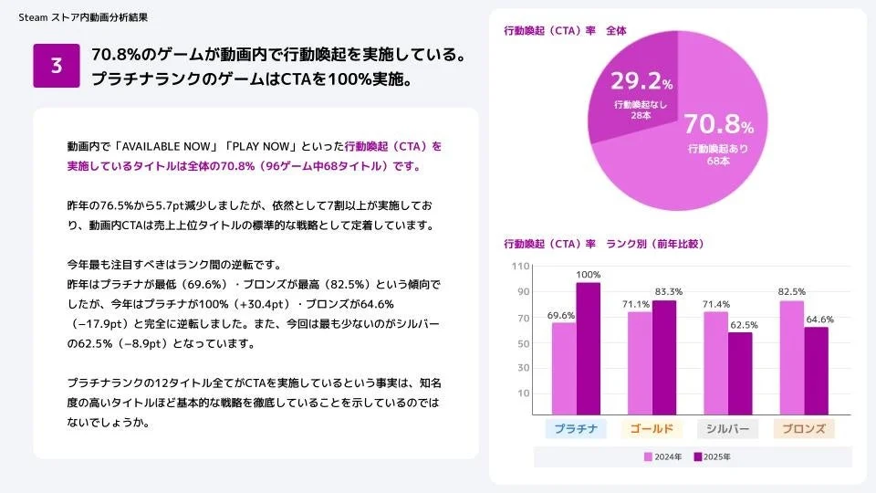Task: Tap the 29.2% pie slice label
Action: tap(641, 81)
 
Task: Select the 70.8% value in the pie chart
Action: tap(718, 125)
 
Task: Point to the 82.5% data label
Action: tap(792, 291)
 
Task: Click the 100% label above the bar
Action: tap(589, 274)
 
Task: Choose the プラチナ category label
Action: tap(576, 429)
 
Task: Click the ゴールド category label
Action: tap(652, 429)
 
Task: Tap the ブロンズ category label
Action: tap(803, 429)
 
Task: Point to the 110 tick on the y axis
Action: tap(521, 267)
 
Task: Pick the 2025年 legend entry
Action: tap(713, 456)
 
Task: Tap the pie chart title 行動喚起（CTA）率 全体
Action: tap(566, 31)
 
